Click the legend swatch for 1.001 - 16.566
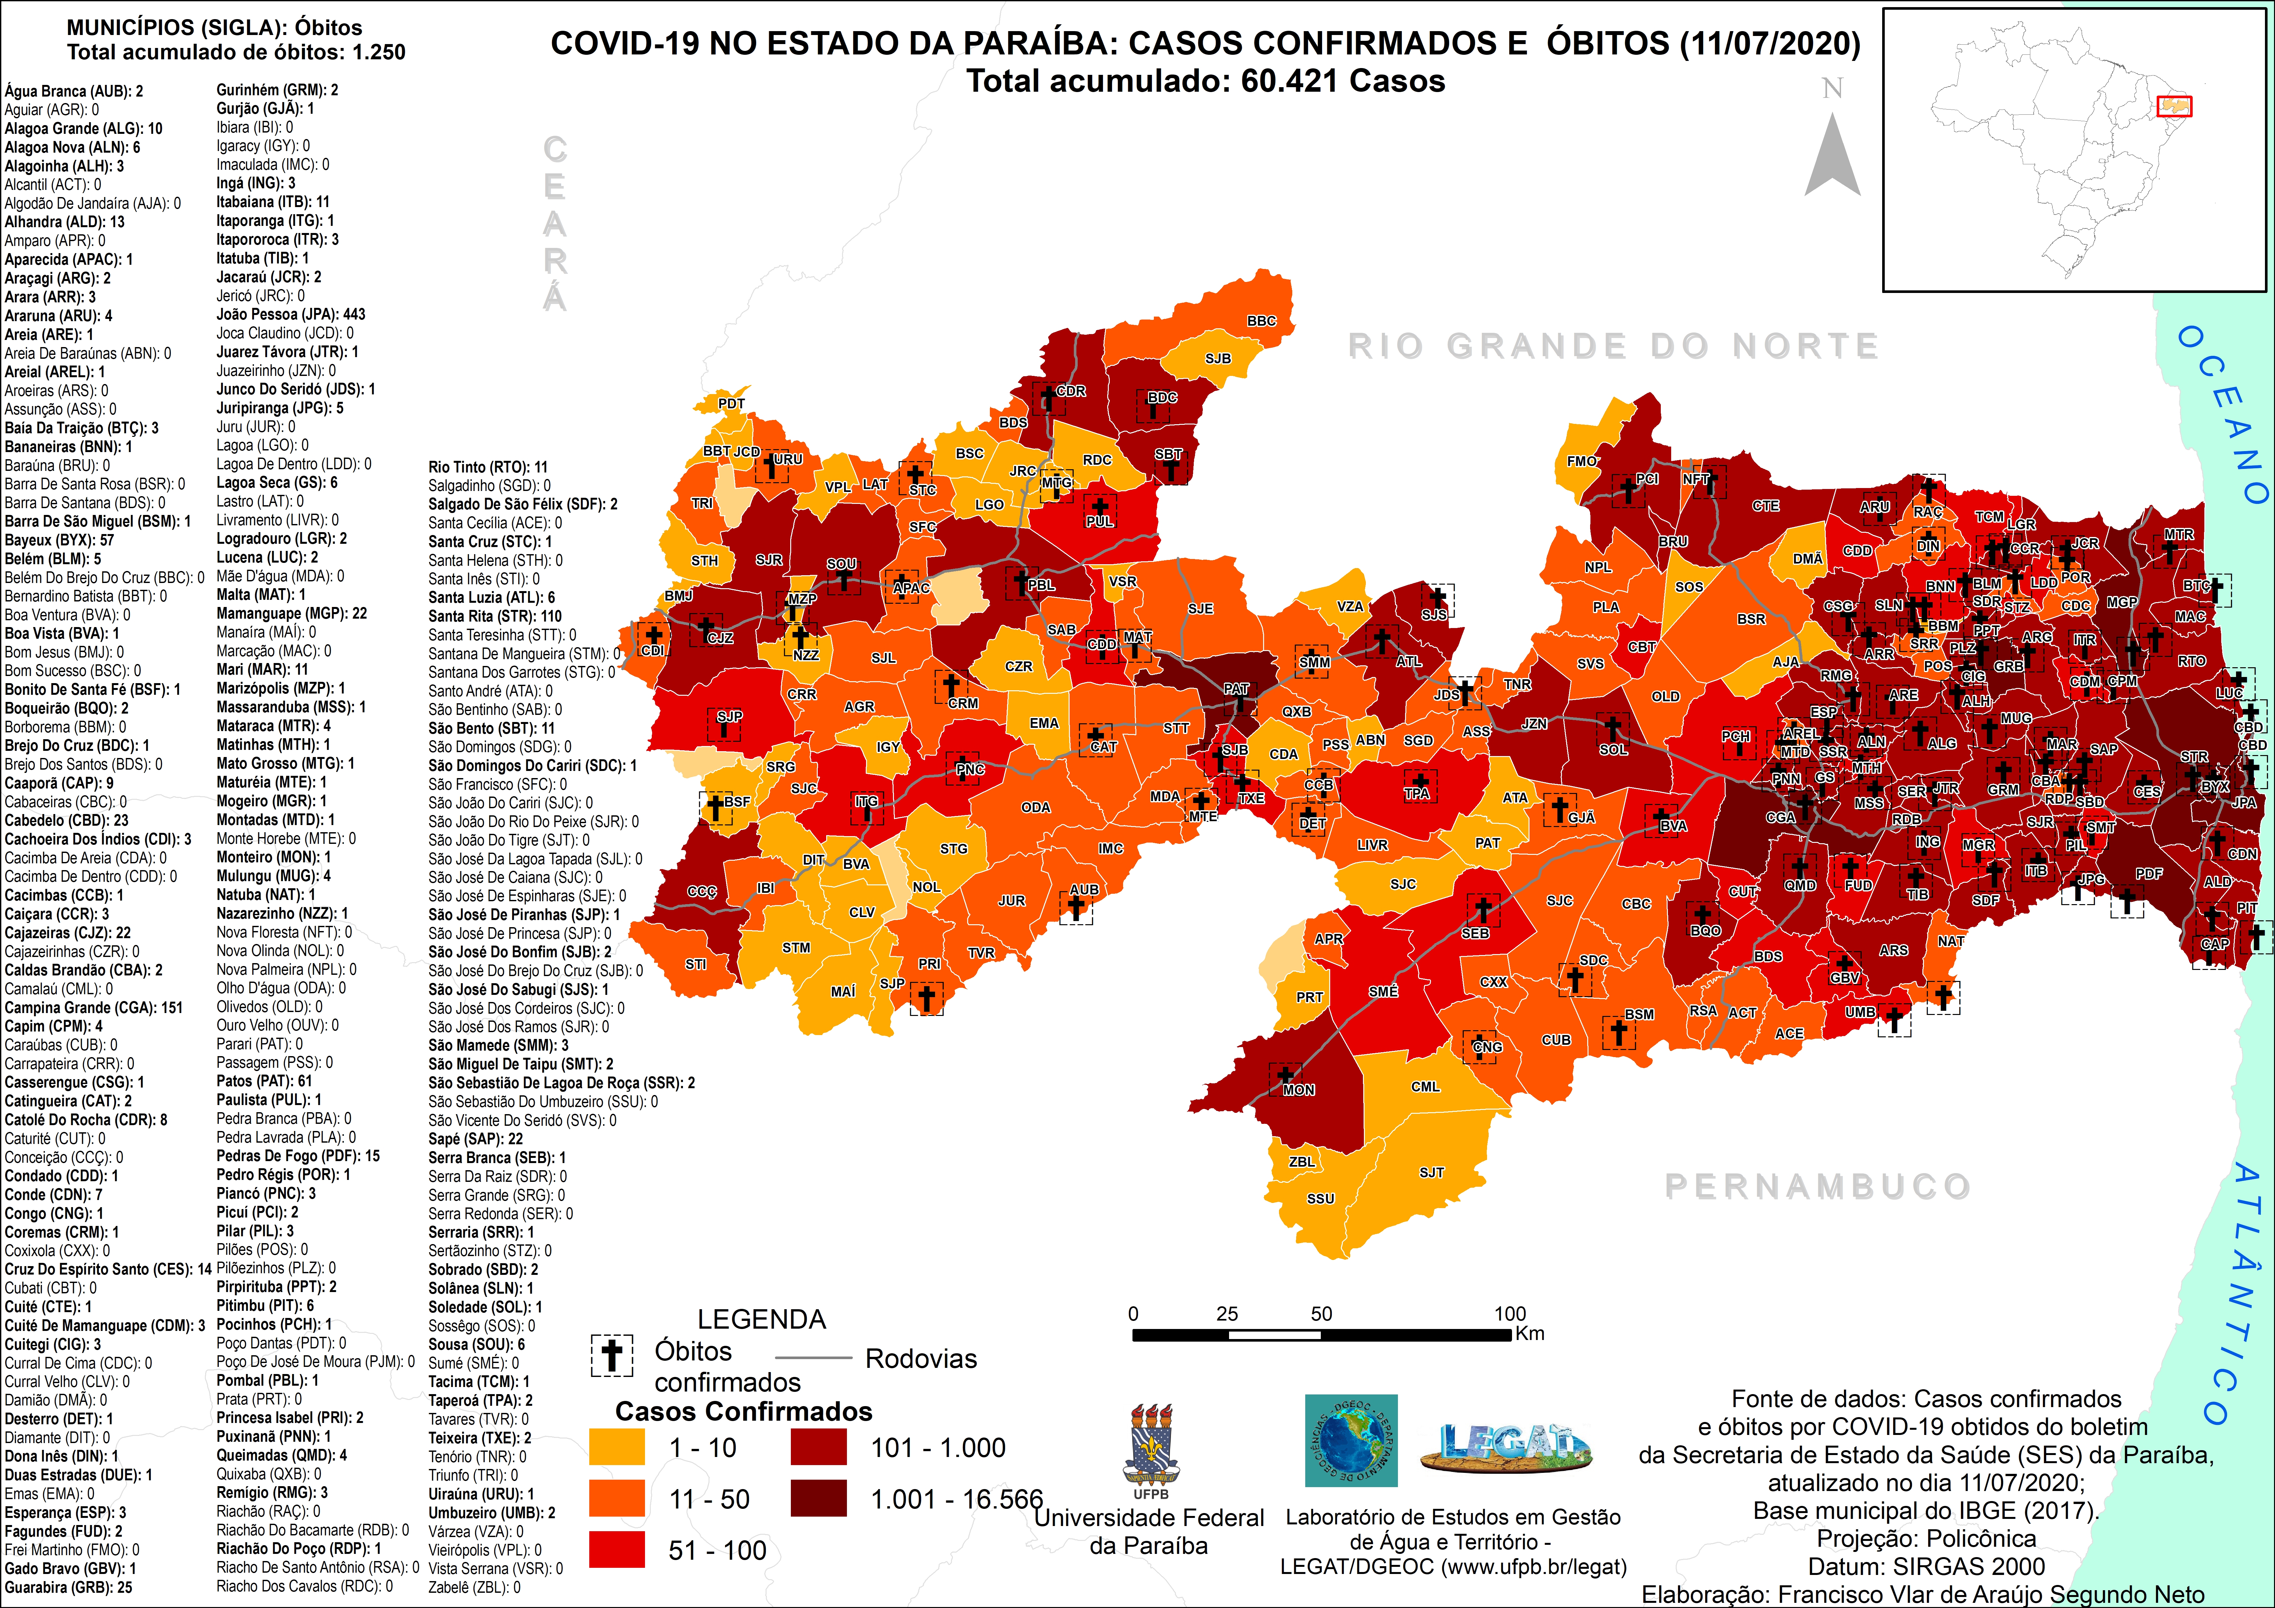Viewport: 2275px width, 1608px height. coord(818,1498)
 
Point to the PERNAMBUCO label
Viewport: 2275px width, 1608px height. coord(1817,1186)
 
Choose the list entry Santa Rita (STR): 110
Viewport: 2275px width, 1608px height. coord(494,616)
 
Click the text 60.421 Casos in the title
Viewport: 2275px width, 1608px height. coord(1343,81)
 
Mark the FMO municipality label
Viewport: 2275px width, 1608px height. coord(1581,461)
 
